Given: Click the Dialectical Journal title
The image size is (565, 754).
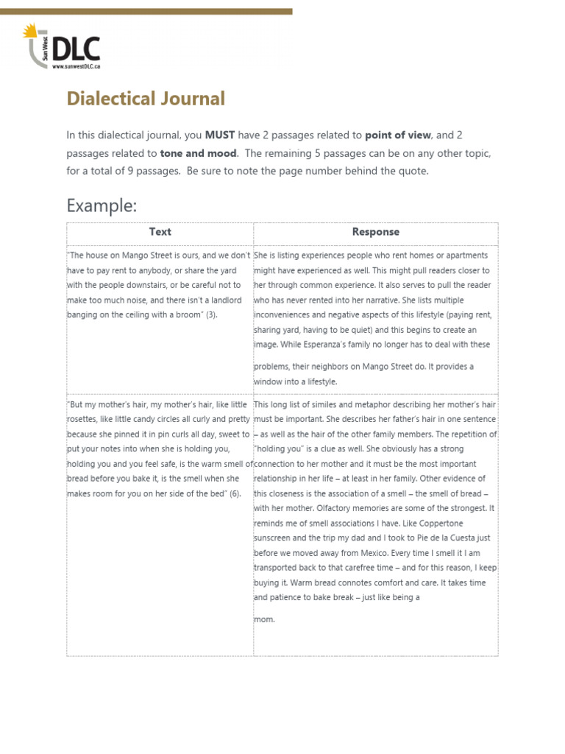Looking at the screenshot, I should (x=146, y=99).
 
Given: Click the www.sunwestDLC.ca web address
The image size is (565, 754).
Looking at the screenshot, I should (x=76, y=66).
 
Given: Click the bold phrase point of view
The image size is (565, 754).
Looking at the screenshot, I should (x=398, y=135).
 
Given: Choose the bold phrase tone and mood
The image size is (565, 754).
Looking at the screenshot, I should (x=199, y=153).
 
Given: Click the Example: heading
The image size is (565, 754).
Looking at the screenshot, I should (x=102, y=205).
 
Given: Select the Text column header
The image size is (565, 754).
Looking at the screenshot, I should (x=160, y=232).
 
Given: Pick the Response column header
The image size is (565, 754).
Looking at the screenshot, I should (x=375, y=232).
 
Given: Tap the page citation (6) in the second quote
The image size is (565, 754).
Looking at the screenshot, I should (x=235, y=493).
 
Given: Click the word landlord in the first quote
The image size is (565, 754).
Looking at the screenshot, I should (x=225, y=300).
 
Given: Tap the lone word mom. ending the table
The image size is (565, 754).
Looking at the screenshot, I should (x=264, y=619).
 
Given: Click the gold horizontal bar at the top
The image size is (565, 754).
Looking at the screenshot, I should (x=146, y=12).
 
